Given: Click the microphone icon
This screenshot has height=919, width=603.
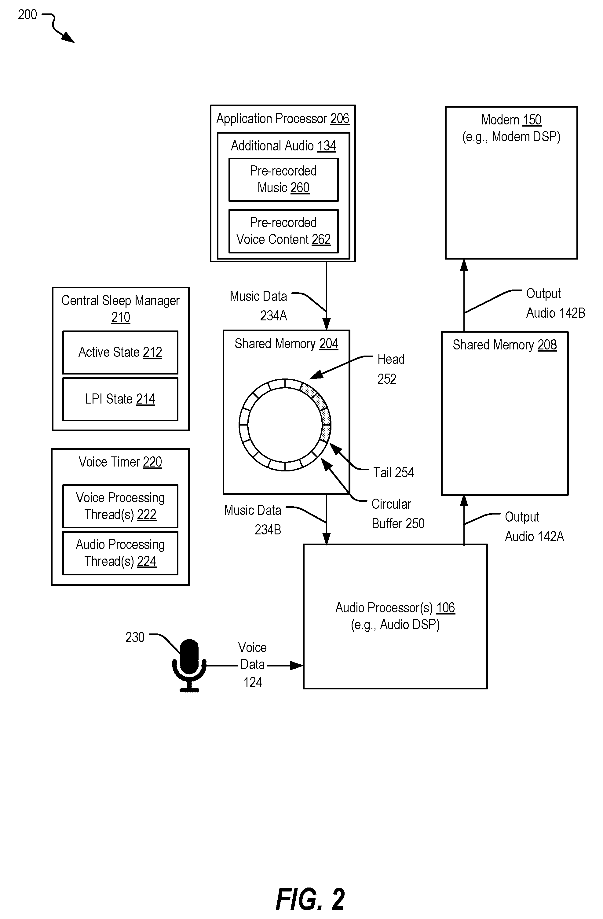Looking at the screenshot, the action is point(189,665).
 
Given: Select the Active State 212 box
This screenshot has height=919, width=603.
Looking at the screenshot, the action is point(120,352).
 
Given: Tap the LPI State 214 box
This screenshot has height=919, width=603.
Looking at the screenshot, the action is point(120,399).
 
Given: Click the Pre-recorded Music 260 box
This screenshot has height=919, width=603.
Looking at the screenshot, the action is point(283,179).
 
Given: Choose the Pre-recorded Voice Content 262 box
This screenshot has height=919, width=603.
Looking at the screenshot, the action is point(283,231).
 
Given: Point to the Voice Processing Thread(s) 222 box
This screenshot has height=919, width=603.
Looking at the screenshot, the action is point(120,506).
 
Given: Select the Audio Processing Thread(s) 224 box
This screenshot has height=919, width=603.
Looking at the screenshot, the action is point(120,553).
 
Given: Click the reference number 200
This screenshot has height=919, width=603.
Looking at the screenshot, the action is point(27,15).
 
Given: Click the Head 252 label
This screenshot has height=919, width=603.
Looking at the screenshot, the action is point(391,369).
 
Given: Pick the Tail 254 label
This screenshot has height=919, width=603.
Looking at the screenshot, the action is point(393,472).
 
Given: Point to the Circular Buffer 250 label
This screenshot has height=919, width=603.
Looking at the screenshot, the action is point(398,514).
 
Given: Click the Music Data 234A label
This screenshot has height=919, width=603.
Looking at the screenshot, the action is point(258,306).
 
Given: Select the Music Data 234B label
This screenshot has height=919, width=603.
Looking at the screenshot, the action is point(253,520).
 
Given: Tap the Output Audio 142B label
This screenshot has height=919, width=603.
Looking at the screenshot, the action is point(556,303).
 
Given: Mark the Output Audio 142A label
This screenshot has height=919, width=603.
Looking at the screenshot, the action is point(534,527).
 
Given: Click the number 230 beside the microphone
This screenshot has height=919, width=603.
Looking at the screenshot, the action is point(135,637).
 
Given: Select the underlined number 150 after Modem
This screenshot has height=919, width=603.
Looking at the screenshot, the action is point(532,120).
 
